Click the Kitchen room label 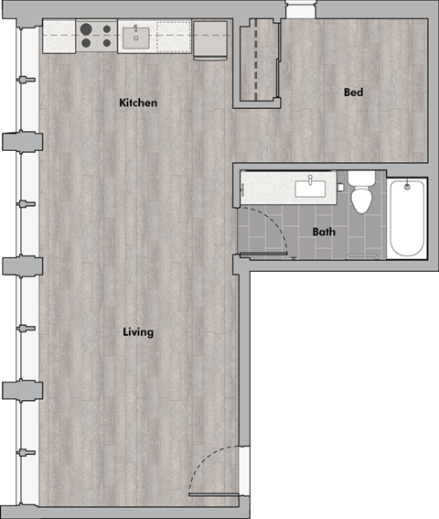[138, 103]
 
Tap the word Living [138, 331]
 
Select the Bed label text [354, 92]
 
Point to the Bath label [324, 232]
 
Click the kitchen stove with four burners [96, 37]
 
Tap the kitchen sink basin [138, 38]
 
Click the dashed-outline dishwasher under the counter [173, 38]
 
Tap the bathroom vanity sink [310, 189]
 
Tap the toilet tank [361, 178]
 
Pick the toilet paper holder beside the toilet [340, 188]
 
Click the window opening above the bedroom [299, 9]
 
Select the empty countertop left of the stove [60, 37]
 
